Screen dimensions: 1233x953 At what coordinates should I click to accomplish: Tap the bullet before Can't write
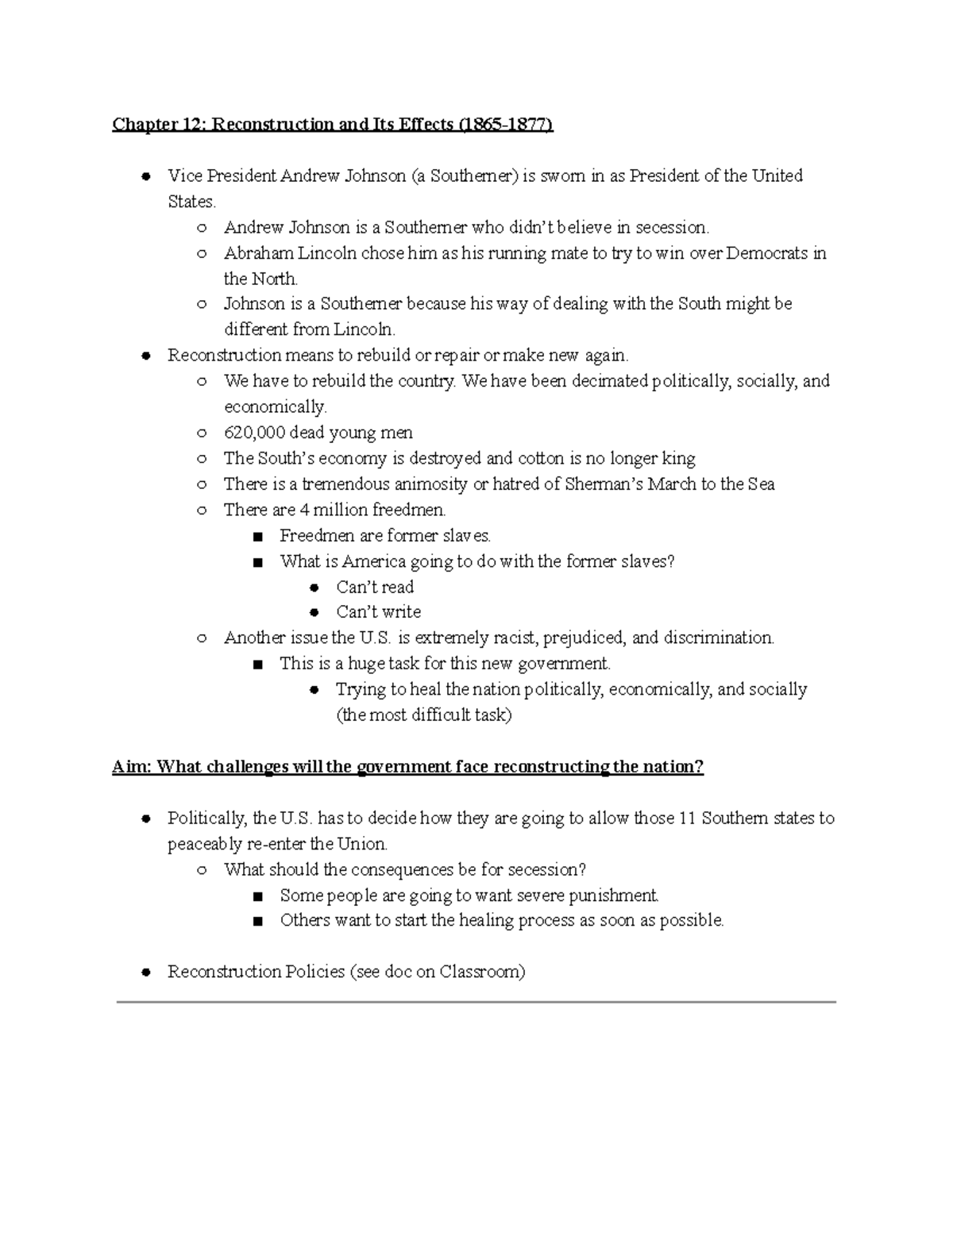pos(314,612)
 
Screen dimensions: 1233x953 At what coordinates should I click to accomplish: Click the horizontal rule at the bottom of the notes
pos(476,1003)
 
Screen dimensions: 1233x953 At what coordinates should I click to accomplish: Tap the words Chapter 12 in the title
pos(155,125)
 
